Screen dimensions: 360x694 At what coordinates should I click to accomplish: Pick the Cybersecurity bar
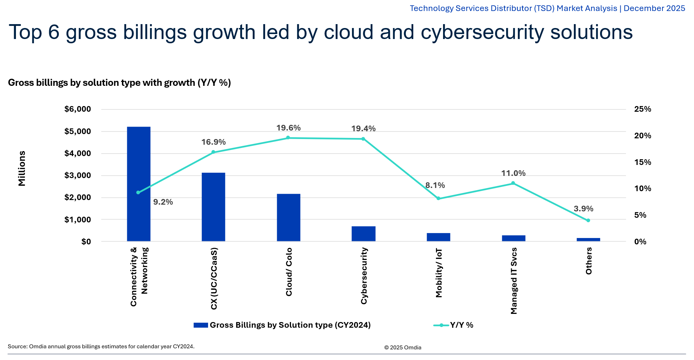pos(363,234)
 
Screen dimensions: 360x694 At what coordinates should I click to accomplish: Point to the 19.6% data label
pos(288,128)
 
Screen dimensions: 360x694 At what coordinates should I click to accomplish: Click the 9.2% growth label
pos(163,202)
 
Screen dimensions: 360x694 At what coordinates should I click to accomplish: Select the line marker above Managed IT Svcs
pos(513,183)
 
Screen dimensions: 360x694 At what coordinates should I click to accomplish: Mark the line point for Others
pos(588,221)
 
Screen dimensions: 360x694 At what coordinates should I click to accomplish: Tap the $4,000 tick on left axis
pos(78,154)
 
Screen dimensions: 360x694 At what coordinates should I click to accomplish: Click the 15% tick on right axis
pos(643,162)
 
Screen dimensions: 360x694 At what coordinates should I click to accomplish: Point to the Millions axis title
pos(22,168)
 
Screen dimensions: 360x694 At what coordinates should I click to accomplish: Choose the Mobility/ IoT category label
pos(439,273)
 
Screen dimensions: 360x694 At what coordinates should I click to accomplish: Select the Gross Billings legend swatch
pos(201,325)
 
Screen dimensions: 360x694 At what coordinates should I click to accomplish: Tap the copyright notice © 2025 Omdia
pos(403,348)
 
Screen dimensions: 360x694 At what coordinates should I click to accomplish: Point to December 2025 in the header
pos(654,8)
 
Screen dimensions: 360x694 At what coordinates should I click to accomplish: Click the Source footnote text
pos(101,347)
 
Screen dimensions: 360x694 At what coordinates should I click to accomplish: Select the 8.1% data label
pos(435,185)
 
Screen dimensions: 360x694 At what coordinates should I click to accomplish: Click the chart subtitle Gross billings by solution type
pos(119,83)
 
